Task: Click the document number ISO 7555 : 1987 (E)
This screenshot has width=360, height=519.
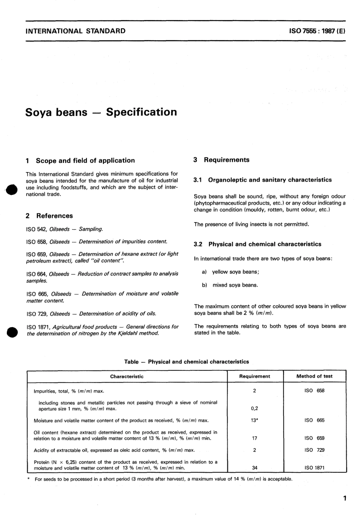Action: (x=317, y=31)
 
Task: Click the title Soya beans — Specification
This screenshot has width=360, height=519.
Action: (x=101, y=112)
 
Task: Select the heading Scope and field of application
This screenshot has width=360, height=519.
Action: (x=85, y=160)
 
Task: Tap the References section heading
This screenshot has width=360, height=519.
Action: (x=54, y=216)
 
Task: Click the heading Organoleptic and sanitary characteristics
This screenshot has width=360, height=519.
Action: (x=270, y=180)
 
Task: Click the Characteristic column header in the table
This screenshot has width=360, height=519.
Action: (x=127, y=376)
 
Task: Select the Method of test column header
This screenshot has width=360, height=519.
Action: (x=314, y=376)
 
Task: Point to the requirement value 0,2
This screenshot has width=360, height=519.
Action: (x=255, y=409)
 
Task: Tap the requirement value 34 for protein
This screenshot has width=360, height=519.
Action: (x=255, y=468)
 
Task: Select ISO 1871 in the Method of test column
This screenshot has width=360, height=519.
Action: (x=314, y=468)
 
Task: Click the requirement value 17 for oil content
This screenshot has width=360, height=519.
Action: (x=255, y=438)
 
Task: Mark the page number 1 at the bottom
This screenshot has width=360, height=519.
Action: (x=344, y=498)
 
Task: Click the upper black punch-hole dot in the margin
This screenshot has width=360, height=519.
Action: (x=11, y=190)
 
